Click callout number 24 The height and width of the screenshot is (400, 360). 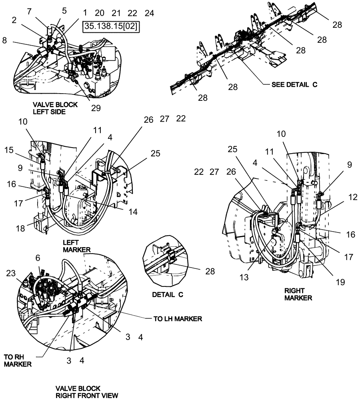[x=149, y=13]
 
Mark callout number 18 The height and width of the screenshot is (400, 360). [x=20, y=228]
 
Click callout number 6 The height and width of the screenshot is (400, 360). [x=38, y=258]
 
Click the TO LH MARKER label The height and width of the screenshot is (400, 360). [x=178, y=319]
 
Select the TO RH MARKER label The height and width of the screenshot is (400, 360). [x=18, y=360]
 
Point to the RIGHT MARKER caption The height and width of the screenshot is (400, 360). [x=298, y=294]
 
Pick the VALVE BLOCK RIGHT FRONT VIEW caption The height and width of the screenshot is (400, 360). [x=86, y=392]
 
